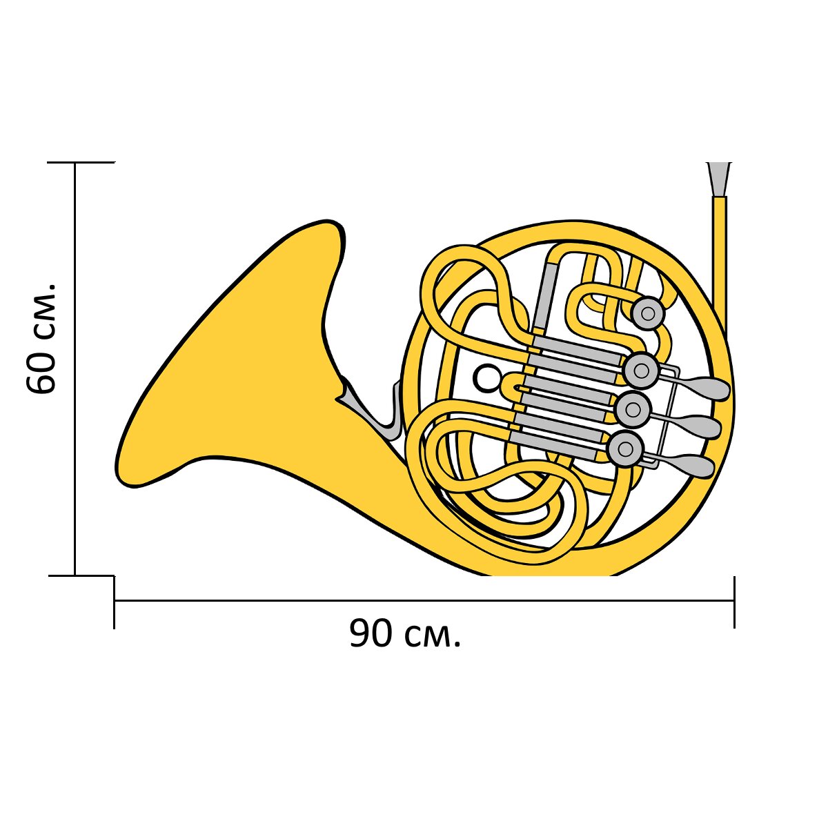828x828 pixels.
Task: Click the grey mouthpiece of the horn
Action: [x=718, y=179]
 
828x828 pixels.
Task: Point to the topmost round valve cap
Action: [x=649, y=313]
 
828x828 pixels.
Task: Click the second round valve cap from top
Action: [x=640, y=370]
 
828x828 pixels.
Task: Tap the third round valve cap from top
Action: [x=632, y=409]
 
